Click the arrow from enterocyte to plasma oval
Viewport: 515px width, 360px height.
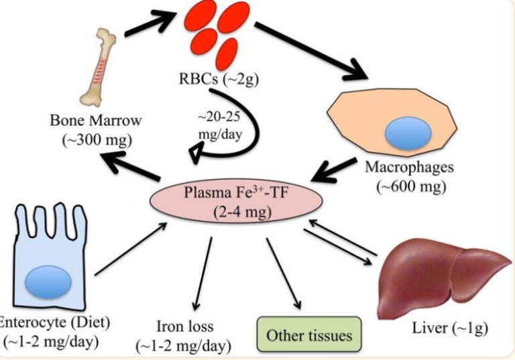pyautogui.click(x=131, y=249)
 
